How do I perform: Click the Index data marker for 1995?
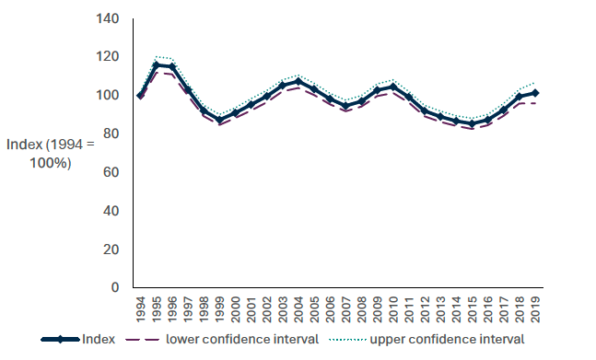(157, 64)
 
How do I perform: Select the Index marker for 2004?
(298, 82)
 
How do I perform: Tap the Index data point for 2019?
(534, 93)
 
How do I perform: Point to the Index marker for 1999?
(219, 120)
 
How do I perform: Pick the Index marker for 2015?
(472, 123)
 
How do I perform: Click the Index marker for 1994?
(141, 95)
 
